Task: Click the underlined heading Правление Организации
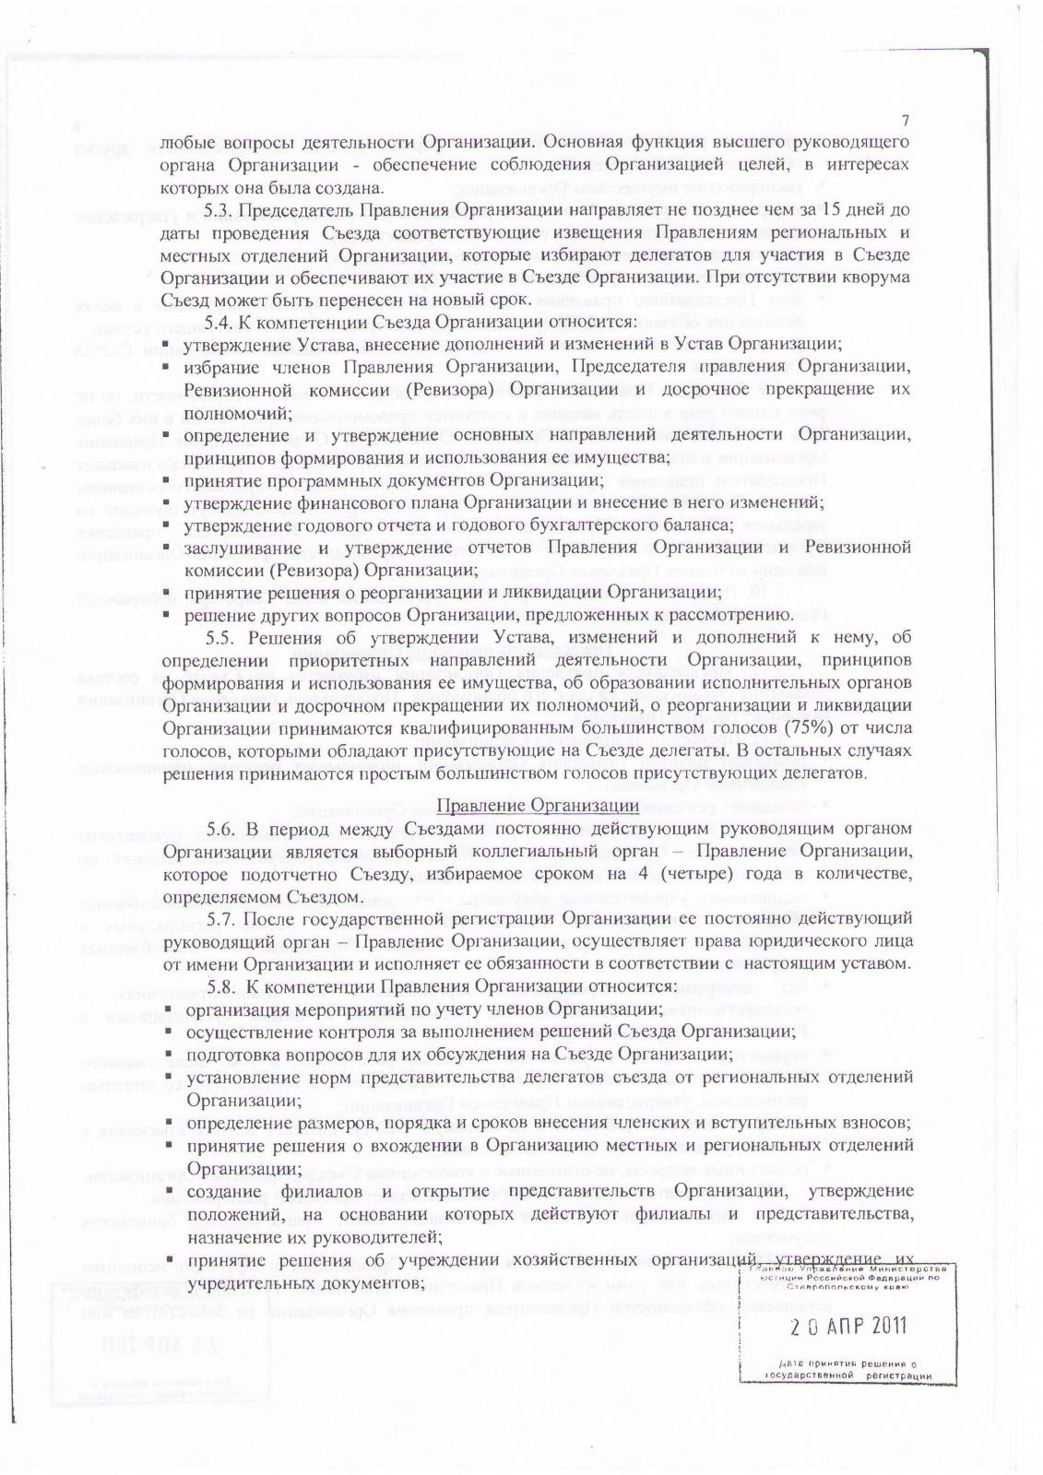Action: (538, 805)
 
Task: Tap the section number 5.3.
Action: (219, 210)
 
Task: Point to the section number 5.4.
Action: (219, 322)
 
